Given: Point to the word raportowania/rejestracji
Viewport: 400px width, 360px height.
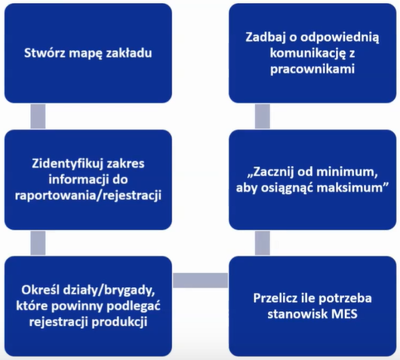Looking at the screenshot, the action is pos(88,196).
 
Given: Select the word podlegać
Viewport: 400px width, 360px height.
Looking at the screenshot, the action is pos(134,306).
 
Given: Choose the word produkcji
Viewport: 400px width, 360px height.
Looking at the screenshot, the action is pos(119,322).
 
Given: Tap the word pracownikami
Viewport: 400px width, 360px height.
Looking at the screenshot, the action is pos(312,69).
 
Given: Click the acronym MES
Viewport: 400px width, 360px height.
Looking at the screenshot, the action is pos(344,314).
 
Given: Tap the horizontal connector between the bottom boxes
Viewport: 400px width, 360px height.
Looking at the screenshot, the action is pos(200,281).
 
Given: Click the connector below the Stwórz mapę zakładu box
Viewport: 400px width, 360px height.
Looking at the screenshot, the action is pos(38,116).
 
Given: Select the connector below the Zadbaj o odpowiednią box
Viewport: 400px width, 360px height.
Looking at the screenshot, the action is pos(263,116).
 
